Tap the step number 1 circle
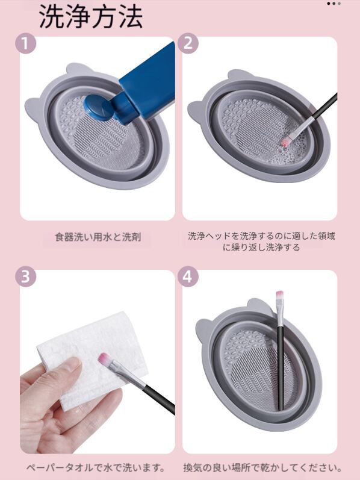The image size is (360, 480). [x=26, y=43]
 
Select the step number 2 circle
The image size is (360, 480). [x=188, y=43]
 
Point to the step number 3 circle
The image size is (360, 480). [x=26, y=276]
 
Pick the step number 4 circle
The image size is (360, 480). [x=188, y=276]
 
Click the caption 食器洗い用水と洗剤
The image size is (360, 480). [x=98, y=237]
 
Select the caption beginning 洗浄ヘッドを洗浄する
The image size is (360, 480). [x=261, y=242]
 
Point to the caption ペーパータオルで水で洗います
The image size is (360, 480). [x=96, y=467]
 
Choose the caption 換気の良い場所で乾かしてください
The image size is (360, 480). [x=262, y=467]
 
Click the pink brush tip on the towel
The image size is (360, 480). [x=104, y=358]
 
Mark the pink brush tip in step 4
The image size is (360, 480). [x=279, y=295]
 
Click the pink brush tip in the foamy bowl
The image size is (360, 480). [x=285, y=142]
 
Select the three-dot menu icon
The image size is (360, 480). [x=334, y=4]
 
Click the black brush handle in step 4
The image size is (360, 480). [x=280, y=367]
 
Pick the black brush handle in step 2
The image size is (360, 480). [x=324, y=105]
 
